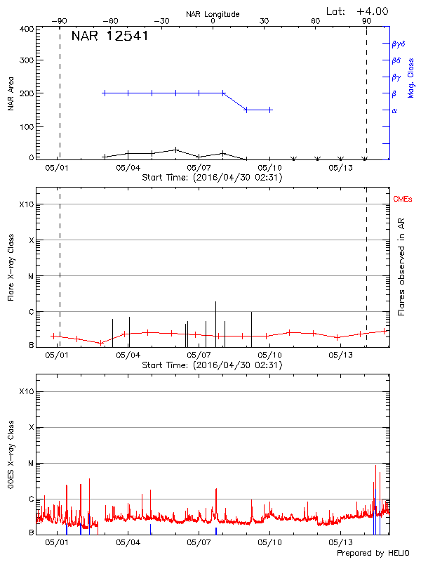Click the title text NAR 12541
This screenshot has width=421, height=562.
(x=109, y=37)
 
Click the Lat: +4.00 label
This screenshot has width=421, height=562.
(x=358, y=11)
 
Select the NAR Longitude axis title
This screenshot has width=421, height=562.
(x=213, y=14)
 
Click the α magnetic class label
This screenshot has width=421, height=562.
(x=394, y=110)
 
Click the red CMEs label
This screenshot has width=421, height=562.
(x=403, y=200)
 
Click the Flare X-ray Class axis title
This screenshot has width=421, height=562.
(x=11, y=267)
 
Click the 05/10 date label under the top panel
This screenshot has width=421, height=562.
(x=270, y=168)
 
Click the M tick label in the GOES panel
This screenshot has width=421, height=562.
(x=31, y=464)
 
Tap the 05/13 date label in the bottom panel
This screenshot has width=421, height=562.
(x=340, y=542)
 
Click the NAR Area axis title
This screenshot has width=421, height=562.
(x=11, y=93)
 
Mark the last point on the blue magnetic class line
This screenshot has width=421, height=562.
(x=270, y=110)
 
